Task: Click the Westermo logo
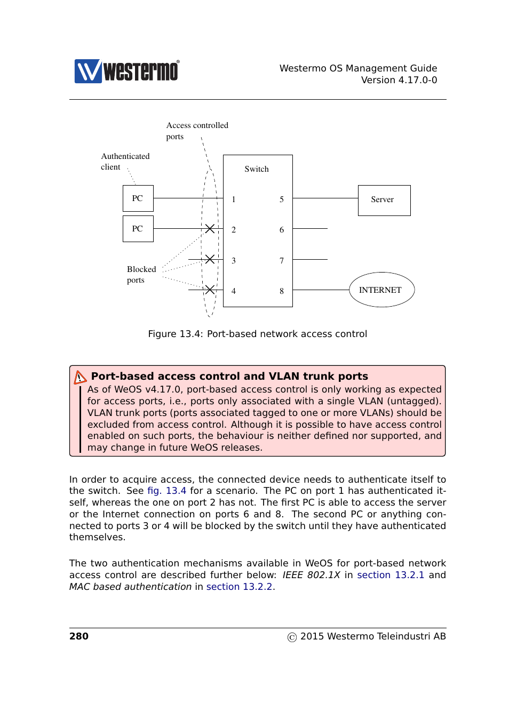coord(127,71)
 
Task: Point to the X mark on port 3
coord(210,259)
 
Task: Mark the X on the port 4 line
coord(210,290)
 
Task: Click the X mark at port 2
coord(210,229)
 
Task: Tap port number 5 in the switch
coord(281,199)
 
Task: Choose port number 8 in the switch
coord(281,291)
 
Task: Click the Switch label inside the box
coord(256,169)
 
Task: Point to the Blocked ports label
coord(141,275)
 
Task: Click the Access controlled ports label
coord(197,131)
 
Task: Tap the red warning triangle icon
coord(79,377)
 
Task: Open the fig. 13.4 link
coord(166,491)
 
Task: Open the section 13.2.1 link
coord(391,575)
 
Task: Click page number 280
coord(79,636)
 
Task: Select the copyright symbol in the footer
coord(292,637)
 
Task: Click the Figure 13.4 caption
coord(257,334)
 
